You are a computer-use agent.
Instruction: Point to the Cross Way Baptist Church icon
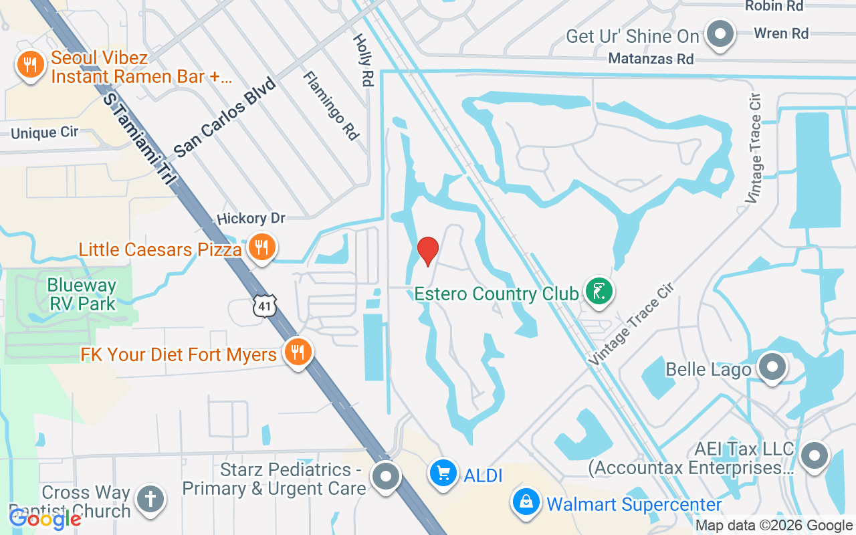[150, 500]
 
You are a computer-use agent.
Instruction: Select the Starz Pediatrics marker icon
[386, 477]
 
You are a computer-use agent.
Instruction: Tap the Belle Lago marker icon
[773, 367]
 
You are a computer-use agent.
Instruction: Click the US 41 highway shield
[265, 306]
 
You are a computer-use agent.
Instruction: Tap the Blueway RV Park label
[82, 294]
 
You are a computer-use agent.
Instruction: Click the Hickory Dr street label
[251, 219]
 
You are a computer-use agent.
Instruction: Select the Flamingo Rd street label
[331, 106]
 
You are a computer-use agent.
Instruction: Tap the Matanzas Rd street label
[651, 59]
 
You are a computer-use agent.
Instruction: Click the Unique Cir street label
[44, 132]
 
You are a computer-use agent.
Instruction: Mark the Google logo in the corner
[45, 518]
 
